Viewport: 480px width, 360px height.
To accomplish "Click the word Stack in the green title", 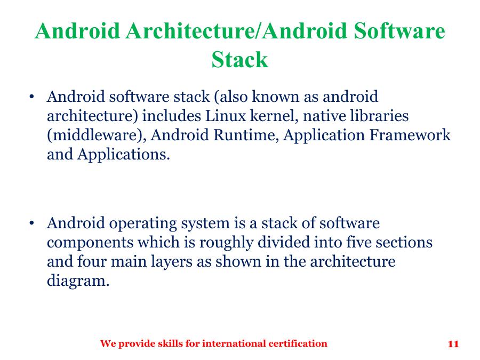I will click(x=239, y=59).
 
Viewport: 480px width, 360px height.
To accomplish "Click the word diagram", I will click(x=78, y=281).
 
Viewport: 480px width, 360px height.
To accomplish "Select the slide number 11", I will click(x=453, y=344).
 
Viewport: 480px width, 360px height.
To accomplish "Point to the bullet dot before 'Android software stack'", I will click(x=32, y=98).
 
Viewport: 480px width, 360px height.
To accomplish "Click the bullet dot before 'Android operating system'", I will click(x=32, y=223).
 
